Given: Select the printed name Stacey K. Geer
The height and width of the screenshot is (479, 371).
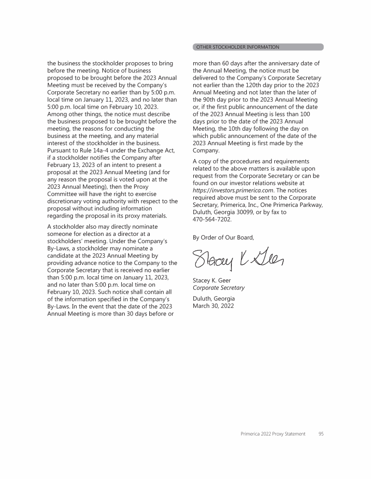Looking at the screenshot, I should pyautogui.click(x=212, y=280).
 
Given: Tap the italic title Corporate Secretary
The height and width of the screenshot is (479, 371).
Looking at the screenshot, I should pyautogui.click(x=218, y=288).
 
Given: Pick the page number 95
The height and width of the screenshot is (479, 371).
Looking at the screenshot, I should pyautogui.click(x=321, y=434).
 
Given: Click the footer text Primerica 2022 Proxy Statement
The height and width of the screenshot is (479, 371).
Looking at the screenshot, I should pyautogui.click(x=273, y=434).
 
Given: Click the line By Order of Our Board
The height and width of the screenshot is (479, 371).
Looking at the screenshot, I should pyautogui.click(x=223, y=237).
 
